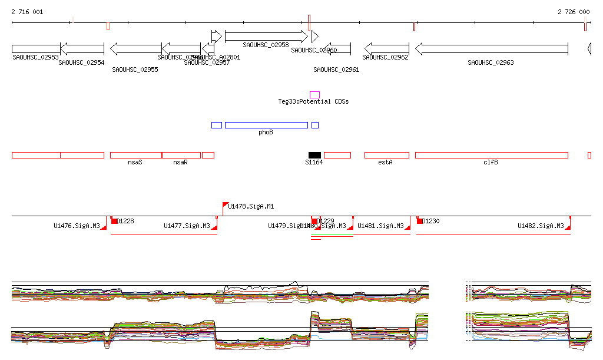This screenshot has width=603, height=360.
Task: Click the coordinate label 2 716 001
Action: pos(26,12)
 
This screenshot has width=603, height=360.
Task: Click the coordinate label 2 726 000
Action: pos(574,12)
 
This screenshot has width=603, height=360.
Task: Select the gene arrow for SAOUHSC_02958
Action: pos(266,37)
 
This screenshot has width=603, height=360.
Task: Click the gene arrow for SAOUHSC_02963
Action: pos(491,48)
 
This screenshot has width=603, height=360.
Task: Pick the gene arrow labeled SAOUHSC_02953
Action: pos(35,48)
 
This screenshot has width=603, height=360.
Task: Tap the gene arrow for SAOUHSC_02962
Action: pos(386,48)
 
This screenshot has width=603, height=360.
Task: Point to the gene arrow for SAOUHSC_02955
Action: pos(135,48)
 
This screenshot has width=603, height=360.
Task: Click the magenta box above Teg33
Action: pos(314,94)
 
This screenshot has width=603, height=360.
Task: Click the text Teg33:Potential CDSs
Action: pos(313,101)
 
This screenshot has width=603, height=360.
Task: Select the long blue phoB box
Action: pos(266,125)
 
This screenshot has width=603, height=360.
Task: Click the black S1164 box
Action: pos(314,155)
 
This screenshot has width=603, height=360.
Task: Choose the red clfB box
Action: pos(491,155)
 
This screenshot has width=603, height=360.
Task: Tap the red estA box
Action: pos(386,155)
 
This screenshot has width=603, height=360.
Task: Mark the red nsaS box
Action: pos(135,155)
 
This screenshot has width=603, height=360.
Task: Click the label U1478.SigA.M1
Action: pos(251,207)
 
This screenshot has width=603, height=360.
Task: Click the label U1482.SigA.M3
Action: pos(541,226)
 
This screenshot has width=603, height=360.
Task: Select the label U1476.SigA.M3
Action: pos(77,226)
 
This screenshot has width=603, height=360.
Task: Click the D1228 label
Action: pos(125,221)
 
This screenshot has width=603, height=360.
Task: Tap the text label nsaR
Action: pos(180,162)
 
